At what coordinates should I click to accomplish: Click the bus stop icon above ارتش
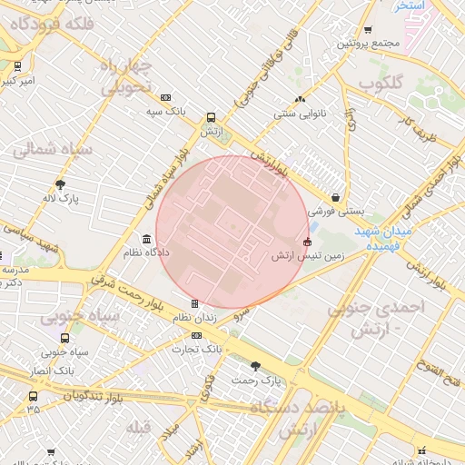211,117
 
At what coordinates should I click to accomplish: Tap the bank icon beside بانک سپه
165,97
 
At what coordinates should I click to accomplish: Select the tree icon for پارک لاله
61,183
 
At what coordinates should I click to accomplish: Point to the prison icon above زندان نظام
194,303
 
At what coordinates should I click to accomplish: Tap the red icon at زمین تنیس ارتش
307,242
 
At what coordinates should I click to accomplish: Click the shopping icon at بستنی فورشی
337,196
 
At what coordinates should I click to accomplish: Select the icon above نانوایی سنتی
299,100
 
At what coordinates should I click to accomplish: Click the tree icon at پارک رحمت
255,366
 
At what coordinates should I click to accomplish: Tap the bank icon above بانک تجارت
196,335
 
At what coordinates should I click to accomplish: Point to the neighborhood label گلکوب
380,83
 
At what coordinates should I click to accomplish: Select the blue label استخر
411,5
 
